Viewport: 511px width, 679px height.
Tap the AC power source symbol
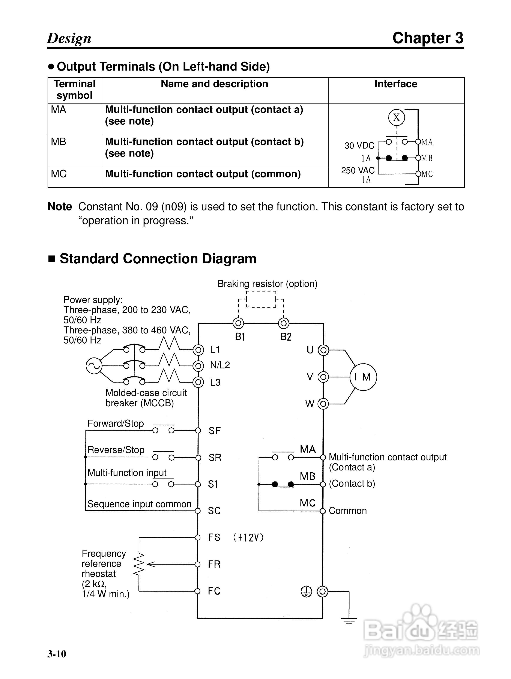[94, 366]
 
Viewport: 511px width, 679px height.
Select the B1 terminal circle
[239, 323]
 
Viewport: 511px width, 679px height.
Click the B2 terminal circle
[284, 323]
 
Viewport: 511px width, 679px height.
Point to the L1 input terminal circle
[198, 350]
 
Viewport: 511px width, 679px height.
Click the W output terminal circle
[323, 404]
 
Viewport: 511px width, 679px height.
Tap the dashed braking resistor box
[261, 299]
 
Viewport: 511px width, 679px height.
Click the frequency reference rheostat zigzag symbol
[139, 564]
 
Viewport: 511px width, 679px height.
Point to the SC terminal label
[214, 511]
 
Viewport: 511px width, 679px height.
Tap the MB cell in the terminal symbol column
[59, 142]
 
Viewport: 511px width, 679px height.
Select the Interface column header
[396, 84]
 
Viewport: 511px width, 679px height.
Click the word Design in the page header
[69, 38]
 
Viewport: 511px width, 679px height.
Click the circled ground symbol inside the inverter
[306, 591]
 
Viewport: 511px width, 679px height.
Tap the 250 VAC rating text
[358, 170]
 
